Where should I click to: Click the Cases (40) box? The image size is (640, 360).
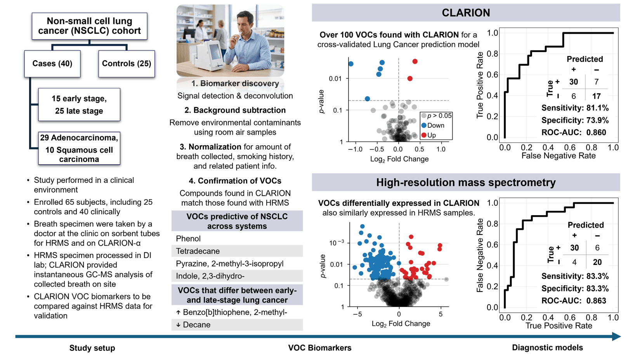[52, 64]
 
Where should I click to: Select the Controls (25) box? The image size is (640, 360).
[127, 64]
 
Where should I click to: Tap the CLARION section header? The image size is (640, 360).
[466, 12]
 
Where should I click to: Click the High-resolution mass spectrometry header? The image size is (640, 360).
[466, 182]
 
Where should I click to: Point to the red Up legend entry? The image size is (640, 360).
[428, 135]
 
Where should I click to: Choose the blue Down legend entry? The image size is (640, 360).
[433, 125]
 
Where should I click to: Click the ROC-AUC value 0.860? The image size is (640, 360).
[596, 132]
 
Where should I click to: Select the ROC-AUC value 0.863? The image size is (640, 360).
[596, 301]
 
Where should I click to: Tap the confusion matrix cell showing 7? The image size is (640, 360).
[596, 82]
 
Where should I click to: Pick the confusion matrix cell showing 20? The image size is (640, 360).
[597, 262]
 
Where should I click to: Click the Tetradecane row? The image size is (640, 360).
[237, 251]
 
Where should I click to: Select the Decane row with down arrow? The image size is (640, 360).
[237, 325]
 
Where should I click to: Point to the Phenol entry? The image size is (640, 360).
[188, 238]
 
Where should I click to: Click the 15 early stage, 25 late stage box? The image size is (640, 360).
[79, 104]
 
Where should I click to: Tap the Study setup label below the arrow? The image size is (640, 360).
[92, 348]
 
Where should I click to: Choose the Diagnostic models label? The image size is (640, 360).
[547, 348]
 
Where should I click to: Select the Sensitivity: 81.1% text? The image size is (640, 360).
[575, 108]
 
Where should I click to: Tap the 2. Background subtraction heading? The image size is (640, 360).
[235, 110]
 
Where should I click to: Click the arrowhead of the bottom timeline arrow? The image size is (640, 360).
[617, 337]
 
